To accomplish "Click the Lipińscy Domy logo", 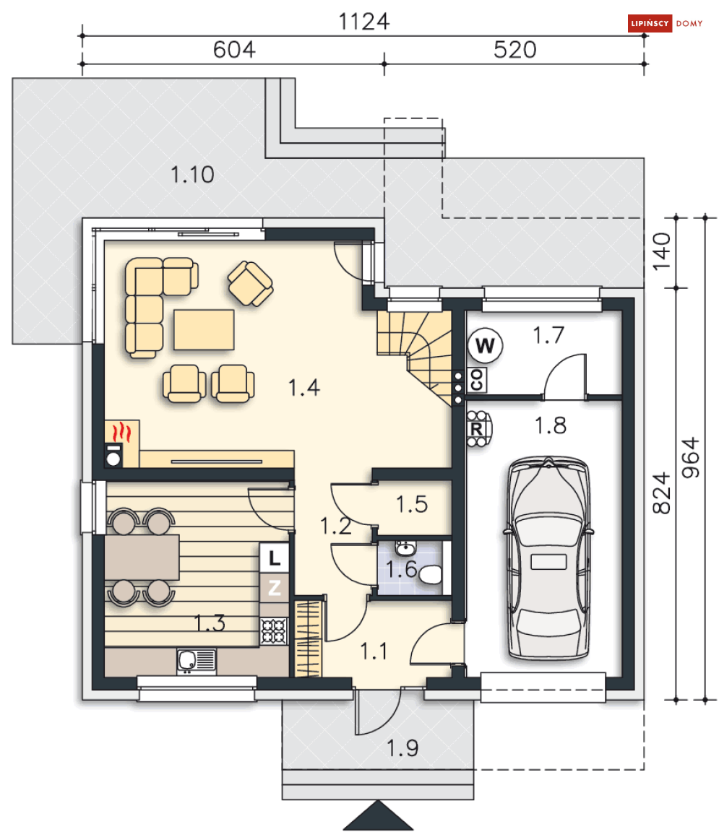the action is pos(665,23).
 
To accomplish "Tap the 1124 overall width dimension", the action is pos(363,22).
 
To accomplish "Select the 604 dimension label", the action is pos(234,50).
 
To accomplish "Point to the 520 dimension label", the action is pos(515,50).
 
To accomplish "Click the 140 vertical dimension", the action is pos(662,251).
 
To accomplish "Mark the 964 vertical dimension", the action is pos(691,457).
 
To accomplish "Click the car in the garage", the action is pos(548,558).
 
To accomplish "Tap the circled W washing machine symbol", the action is pos(485,345).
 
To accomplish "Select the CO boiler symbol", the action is pos(476,380).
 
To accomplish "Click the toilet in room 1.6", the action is pos(431,574).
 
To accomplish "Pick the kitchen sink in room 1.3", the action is pos(197,661).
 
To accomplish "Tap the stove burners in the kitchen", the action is pos(274,631).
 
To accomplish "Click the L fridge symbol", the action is pos(274,558).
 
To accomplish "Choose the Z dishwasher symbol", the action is pos(274,587).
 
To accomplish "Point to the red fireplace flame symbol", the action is pos(122,432).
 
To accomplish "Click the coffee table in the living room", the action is pos(204,330).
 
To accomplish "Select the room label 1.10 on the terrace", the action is pos(192,175).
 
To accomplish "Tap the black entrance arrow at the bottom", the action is pos(378,815).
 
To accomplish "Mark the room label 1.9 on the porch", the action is pos(402,748).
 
